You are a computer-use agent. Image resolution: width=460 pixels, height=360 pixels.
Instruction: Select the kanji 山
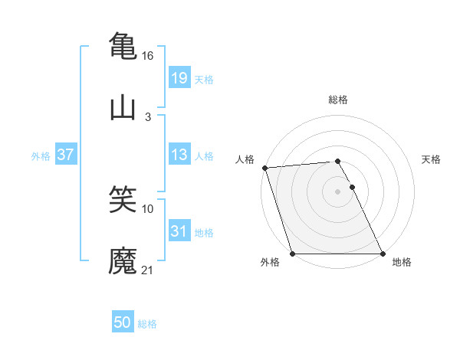tap(123, 108)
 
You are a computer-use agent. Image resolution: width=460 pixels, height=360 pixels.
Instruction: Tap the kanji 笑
tap(123, 201)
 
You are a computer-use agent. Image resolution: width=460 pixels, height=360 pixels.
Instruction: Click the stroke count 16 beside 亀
tap(148, 56)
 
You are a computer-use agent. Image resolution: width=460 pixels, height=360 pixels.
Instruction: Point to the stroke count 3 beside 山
tap(148, 117)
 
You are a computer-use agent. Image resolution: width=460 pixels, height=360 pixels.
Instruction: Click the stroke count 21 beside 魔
tap(148, 271)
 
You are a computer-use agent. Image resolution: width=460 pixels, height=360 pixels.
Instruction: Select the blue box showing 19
tap(179, 77)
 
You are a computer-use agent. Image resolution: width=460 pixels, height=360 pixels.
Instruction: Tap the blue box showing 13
tap(179, 155)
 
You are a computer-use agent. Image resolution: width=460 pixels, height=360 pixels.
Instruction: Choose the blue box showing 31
tap(179, 231)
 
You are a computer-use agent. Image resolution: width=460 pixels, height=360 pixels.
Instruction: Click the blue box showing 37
tap(66, 155)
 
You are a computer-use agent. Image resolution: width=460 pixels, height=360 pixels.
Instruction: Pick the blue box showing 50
tap(123, 323)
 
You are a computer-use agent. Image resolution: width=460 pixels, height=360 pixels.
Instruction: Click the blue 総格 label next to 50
tap(147, 324)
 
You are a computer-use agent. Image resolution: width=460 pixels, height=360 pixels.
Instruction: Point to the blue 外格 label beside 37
tap(41, 155)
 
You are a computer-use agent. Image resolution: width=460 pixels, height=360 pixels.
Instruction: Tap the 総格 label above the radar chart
tap(338, 100)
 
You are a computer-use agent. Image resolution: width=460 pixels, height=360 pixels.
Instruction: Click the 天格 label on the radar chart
tap(432, 159)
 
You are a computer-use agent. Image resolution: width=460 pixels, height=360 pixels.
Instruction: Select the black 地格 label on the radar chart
tap(402, 263)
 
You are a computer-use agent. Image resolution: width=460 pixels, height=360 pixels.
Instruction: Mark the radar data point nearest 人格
tap(264, 168)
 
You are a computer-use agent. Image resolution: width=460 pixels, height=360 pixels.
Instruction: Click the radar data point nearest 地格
tap(383, 254)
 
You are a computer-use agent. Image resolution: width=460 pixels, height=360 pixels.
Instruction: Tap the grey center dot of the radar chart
tap(337, 191)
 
